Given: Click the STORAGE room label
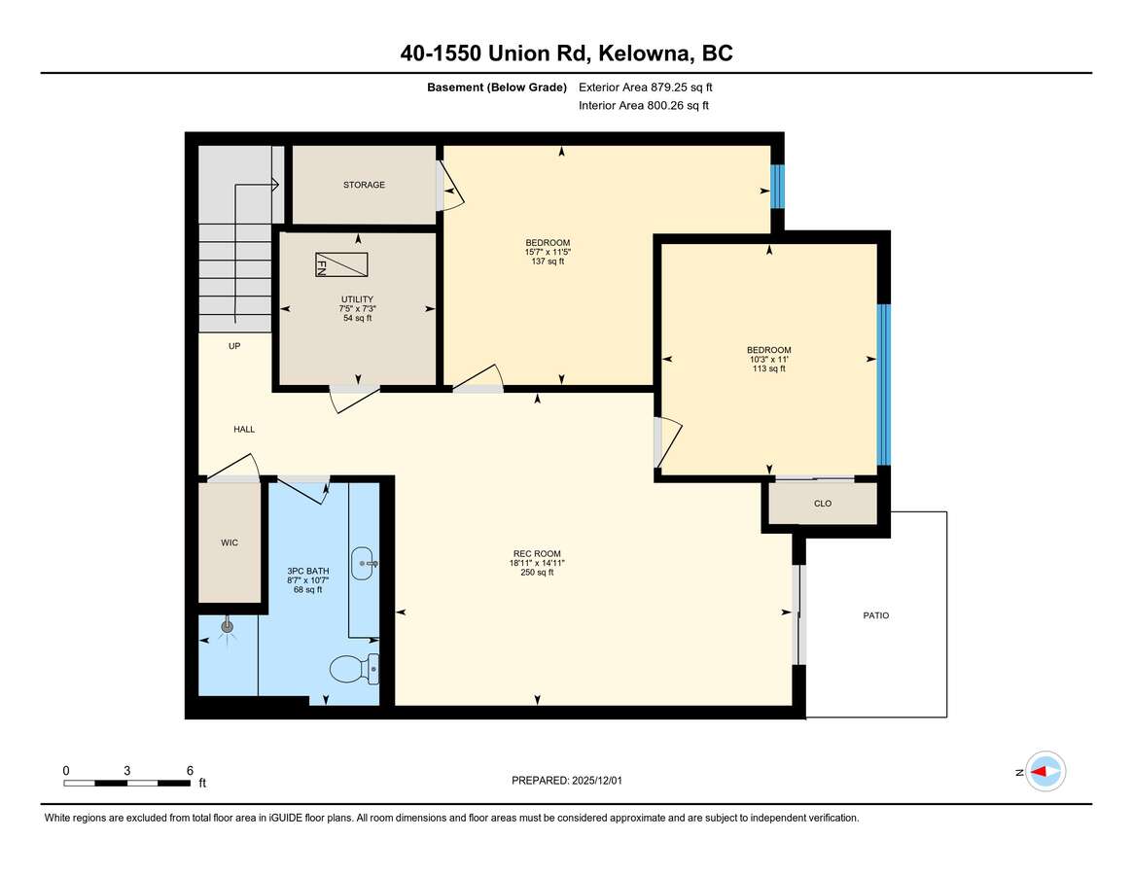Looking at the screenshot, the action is click(364, 185).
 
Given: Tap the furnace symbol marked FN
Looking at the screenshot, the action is click(341, 264).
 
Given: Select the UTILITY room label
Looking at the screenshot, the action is click(357, 299).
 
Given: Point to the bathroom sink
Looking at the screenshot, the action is click(364, 564).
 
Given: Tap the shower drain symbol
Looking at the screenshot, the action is click(228, 627).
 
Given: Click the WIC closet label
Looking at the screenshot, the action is click(230, 542).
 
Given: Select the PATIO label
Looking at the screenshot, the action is click(875, 615).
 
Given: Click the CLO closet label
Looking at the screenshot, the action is click(823, 504).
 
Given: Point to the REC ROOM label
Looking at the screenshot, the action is click(537, 554).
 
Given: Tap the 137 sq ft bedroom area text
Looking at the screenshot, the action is click(548, 262).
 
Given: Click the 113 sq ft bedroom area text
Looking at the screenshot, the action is click(769, 368).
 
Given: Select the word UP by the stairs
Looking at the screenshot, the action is click(234, 346).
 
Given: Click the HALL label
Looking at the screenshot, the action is click(244, 429).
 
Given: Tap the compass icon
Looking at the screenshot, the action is click(1045, 772).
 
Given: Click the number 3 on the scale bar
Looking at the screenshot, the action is click(127, 771).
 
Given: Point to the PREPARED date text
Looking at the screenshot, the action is click(566, 781).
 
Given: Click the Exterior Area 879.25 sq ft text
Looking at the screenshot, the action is click(645, 87).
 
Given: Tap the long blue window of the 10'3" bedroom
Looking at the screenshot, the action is click(884, 384).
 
